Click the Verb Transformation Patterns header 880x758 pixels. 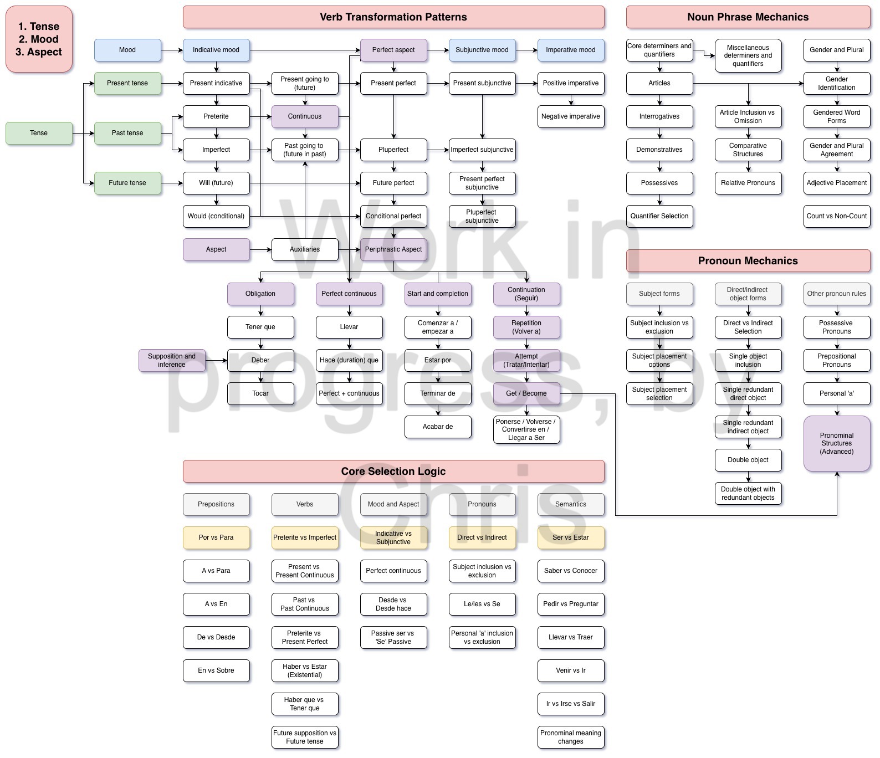[x=393, y=17]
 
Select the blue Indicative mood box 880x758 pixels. [x=216, y=50]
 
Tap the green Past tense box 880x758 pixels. [x=127, y=133]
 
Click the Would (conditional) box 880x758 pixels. [x=216, y=216]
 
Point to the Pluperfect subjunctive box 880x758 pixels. [x=482, y=216]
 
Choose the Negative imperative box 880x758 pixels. [x=571, y=116]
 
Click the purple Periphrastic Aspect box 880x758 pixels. [x=393, y=249]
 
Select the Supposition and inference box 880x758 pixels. [x=172, y=360]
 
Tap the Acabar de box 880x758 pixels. [x=438, y=427]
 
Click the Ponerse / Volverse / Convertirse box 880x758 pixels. [x=526, y=429]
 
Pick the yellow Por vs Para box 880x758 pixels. [x=216, y=537]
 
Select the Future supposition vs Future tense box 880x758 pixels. [x=305, y=737]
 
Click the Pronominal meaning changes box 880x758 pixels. [x=571, y=737]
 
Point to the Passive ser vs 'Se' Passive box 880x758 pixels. [x=393, y=637]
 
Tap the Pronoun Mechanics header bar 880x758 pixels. [x=748, y=261]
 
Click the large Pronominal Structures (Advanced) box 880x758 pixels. [x=837, y=443]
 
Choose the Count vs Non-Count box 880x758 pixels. [x=837, y=216]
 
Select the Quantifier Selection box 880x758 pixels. [x=659, y=216]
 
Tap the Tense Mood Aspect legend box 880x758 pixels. [x=39, y=39]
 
